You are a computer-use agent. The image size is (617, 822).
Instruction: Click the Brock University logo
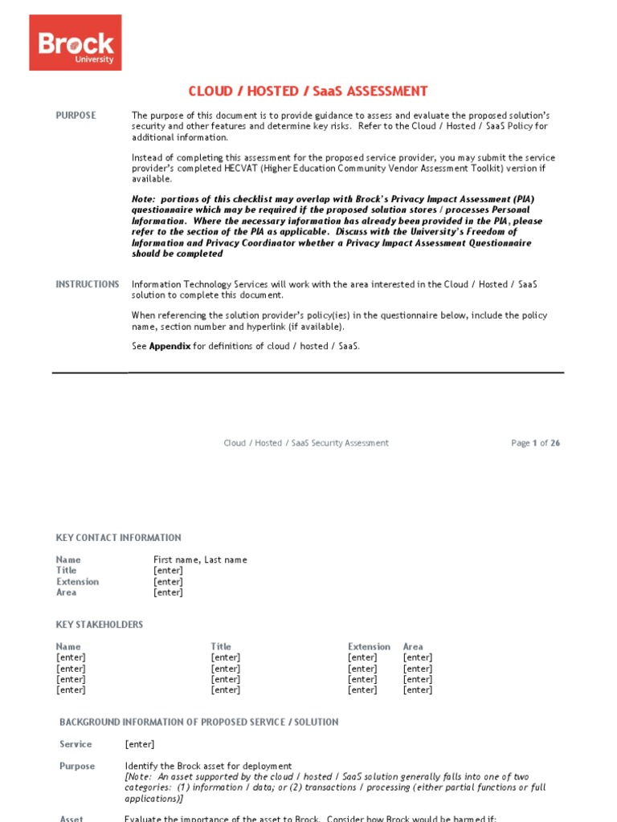76,42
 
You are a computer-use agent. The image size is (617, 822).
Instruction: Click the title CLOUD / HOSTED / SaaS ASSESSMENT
308,92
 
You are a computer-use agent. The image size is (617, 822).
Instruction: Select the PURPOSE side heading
76,116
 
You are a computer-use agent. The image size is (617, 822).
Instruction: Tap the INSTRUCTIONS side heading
87,284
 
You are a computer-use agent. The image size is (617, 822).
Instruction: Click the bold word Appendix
170,347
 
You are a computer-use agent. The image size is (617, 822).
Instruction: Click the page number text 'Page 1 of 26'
535,443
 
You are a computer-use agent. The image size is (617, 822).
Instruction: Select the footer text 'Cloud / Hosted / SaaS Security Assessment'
306,443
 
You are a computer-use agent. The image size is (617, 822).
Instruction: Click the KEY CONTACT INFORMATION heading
118,538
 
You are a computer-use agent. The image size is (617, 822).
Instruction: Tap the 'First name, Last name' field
200,560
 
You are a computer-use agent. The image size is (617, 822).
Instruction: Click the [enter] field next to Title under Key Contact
168,571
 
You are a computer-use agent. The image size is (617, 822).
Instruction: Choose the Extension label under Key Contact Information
78,582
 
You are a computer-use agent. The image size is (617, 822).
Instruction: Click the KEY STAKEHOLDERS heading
100,625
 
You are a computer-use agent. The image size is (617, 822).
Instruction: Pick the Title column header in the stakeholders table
221,646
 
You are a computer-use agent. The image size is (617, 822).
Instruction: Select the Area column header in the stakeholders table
413,646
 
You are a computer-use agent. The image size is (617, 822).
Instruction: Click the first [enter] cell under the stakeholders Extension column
362,657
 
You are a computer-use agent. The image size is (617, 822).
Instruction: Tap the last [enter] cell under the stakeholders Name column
71,690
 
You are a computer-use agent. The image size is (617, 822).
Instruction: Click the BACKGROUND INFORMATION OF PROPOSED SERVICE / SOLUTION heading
199,722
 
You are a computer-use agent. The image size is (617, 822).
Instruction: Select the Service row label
76,744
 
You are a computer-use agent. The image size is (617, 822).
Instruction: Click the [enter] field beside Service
140,744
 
